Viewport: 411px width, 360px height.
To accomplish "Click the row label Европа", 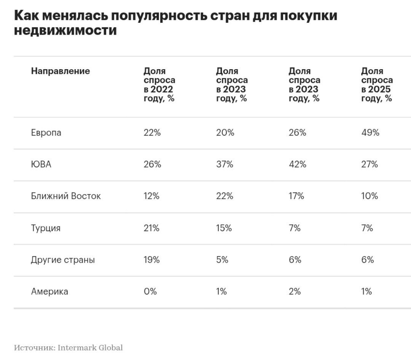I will point(46,133).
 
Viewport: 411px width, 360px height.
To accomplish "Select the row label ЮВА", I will point(41,165).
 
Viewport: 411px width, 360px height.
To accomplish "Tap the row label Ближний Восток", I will point(66,197).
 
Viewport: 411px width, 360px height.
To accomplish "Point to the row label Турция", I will point(46,228).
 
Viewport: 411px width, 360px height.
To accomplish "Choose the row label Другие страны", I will point(63,260).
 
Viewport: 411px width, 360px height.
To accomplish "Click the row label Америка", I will point(49,292).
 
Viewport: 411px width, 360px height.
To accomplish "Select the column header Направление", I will point(61,71).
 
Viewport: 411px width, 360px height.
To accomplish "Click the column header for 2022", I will point(159,85).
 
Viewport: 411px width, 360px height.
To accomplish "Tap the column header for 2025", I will point(377,85).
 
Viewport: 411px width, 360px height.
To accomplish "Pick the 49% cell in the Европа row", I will point(370,133).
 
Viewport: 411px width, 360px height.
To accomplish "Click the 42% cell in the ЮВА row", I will point(297,165).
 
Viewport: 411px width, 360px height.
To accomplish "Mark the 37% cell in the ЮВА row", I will point(225,165).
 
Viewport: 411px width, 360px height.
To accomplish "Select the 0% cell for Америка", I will point(150,292).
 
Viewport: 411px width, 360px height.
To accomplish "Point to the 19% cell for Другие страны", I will point(151,260).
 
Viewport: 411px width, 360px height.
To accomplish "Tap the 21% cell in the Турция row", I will point(151,228).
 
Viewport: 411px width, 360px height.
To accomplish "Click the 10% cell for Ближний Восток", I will point(370,197).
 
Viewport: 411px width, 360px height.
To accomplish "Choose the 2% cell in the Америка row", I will point(295,292).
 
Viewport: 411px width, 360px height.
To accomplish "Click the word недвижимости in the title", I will point(65,30).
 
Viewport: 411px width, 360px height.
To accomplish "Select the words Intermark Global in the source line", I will point(90,348).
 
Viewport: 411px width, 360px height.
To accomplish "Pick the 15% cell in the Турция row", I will point(224,228).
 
